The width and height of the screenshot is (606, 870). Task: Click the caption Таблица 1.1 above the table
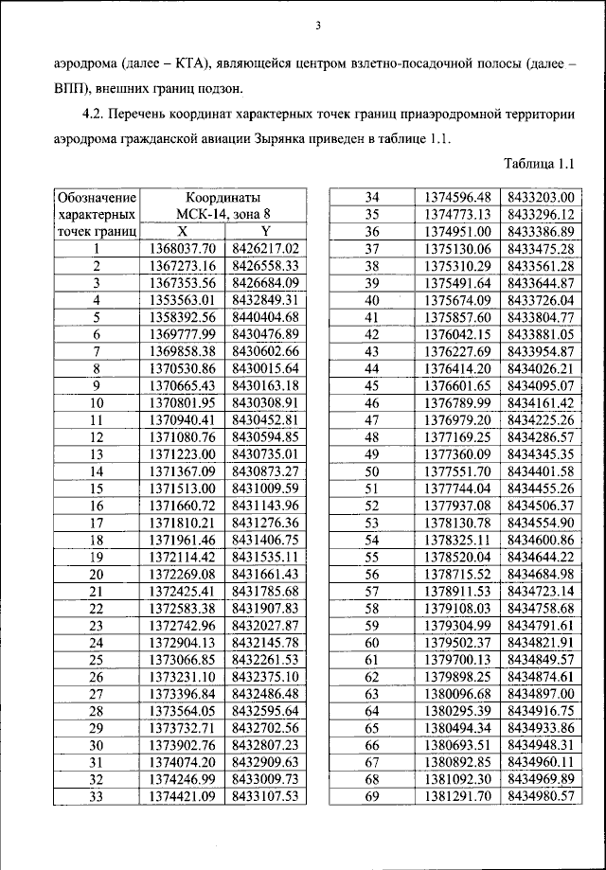click(x=540, y=164)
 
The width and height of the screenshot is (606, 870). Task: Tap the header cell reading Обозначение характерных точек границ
click(x=97, y=214)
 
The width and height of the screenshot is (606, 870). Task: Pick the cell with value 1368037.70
click(x=183, y=249)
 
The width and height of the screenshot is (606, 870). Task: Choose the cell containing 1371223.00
click(x=183, y=454)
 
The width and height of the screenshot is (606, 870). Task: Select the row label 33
click(x=97, y=796)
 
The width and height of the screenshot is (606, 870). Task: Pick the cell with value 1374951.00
click(x=458, y=231)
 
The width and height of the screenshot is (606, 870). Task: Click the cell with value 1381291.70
click(x=458, y=796)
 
